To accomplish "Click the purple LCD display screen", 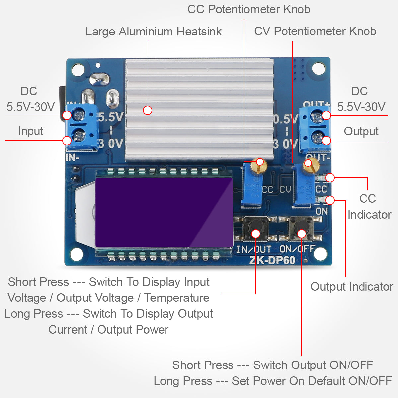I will tap(164, 212).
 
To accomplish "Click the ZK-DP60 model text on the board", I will tap(272, 260).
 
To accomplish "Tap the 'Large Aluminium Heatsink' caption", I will tap(153, 32).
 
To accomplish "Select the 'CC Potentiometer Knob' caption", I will tap(249, 9).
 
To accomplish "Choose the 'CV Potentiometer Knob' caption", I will tap(315, 31).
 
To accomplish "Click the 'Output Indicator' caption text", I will tap(352, 287).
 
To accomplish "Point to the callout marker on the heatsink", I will tap(148, 110).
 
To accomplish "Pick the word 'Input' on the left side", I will tap(31, 131).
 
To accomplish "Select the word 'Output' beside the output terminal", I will tap(361, 131).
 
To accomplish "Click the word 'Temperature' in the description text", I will tap(176, 298).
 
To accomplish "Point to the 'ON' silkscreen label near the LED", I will tap(321, 211).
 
